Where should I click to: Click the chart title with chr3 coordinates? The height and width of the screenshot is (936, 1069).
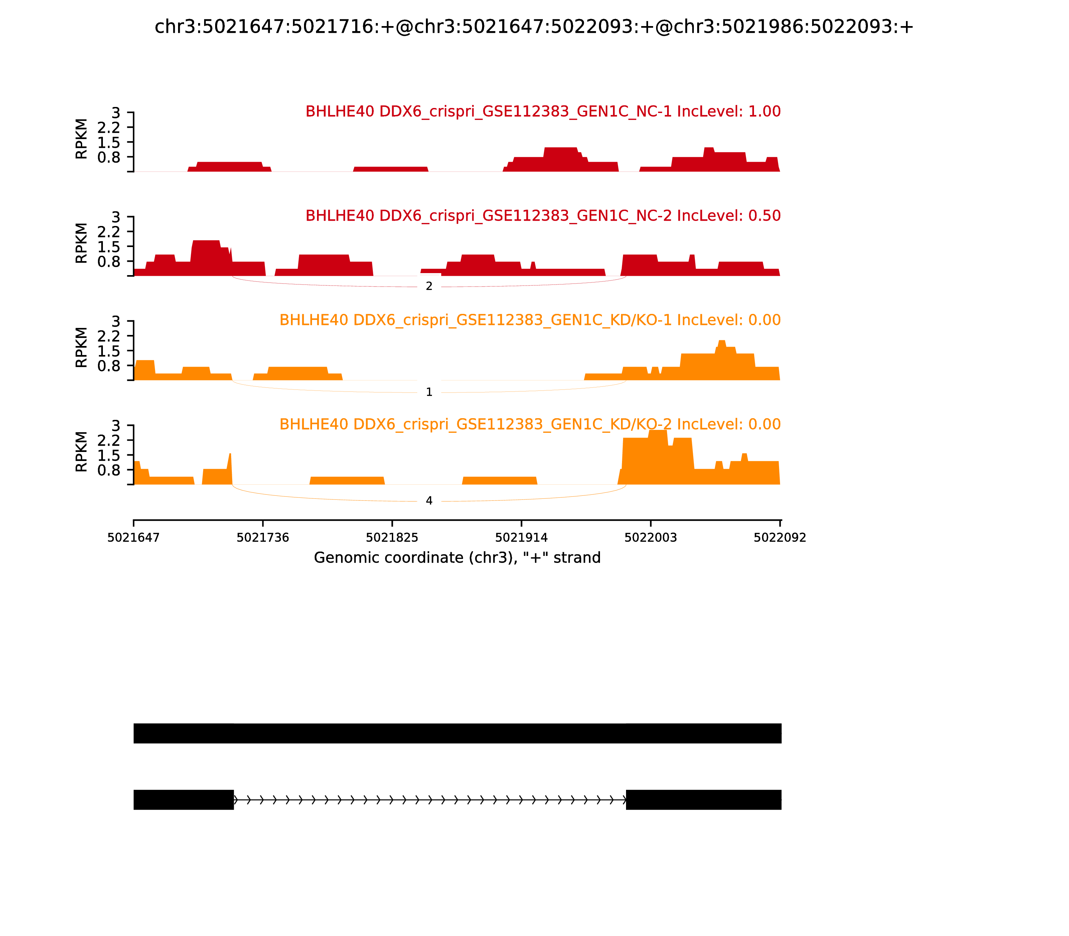(x=534, y=27)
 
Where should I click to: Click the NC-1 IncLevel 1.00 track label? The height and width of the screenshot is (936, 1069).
(x=543, y=111)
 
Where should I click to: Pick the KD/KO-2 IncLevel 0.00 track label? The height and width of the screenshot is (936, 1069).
(x=530, y=424)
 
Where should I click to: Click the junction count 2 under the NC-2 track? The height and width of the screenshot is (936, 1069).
(x=429, y=286)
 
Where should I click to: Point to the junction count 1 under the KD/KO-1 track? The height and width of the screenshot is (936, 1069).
(x=429, y=392)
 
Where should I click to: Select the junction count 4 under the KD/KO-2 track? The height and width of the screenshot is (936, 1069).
(x=429, y=501)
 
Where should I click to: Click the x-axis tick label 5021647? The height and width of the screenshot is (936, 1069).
(x=134, y=538)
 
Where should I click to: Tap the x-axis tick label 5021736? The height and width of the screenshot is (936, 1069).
(x=263, y=538)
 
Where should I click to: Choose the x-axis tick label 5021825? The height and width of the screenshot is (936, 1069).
(x=392, y=538)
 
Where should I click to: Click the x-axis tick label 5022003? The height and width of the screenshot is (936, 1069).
(x=650, y=538)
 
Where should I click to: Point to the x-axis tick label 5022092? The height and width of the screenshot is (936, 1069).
(x=780, y=538)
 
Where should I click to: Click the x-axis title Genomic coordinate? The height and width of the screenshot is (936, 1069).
(x=457, y=558)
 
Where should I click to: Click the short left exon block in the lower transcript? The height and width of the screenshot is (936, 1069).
(x=183, y=800)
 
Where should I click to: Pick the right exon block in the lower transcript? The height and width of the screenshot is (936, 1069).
(x=703, y=800)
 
